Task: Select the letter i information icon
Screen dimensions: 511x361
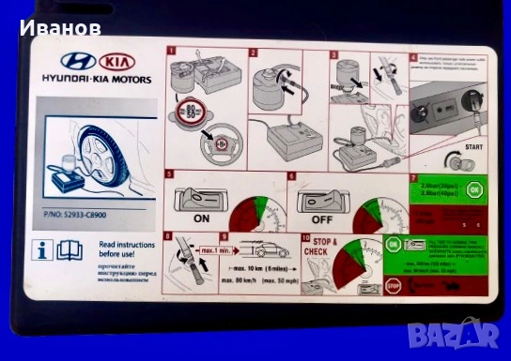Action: coord(42,249)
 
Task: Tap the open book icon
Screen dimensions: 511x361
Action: coord(70,249)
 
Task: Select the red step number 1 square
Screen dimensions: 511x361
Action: coord(171,53)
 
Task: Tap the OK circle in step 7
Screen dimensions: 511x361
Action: coord(474,190)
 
